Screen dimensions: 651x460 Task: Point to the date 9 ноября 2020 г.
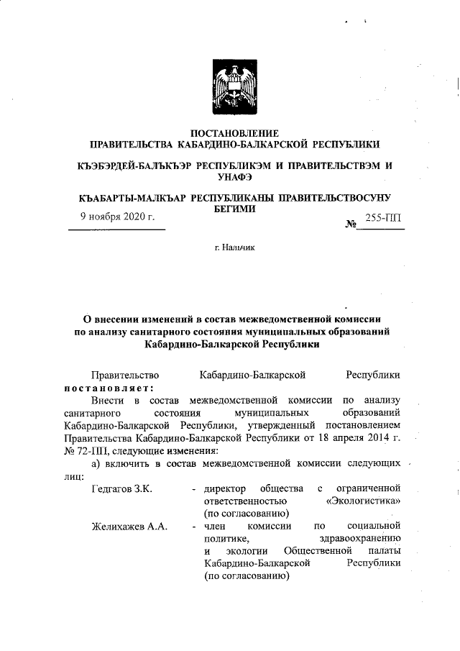click(118, 217)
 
